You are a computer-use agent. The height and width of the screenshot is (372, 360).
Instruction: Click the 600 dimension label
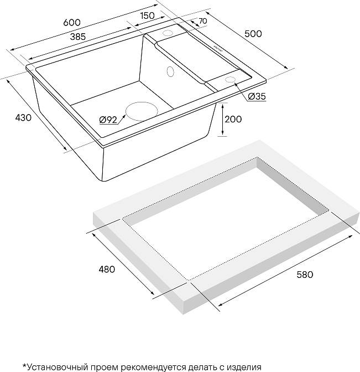72,23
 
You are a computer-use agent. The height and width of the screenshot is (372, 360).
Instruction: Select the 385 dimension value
78,37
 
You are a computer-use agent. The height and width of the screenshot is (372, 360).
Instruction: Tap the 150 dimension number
148,15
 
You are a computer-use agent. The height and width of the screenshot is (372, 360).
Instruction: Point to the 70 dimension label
203,21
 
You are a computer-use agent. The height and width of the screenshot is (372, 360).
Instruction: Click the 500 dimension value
253,34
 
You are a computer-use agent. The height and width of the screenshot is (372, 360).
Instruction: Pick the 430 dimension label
23,118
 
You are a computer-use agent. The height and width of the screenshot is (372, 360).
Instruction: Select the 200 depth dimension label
233,119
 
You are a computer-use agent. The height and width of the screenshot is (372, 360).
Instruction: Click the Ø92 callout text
108,120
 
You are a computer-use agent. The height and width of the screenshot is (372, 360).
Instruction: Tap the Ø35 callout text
257,96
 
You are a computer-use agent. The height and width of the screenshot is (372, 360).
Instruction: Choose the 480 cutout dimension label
107,269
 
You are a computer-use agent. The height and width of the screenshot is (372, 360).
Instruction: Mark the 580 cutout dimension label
305,275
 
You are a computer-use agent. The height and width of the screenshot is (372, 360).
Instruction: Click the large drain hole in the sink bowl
142,111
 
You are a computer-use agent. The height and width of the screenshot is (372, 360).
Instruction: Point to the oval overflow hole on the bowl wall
170,71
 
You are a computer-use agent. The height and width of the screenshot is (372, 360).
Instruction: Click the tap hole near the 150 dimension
168,33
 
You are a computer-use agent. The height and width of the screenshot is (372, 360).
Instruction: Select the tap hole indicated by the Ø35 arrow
230,79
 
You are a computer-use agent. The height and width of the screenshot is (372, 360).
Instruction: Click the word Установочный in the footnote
57,367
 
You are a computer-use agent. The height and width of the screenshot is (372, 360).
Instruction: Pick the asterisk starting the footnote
24,365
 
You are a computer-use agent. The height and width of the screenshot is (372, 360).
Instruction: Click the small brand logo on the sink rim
217,48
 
